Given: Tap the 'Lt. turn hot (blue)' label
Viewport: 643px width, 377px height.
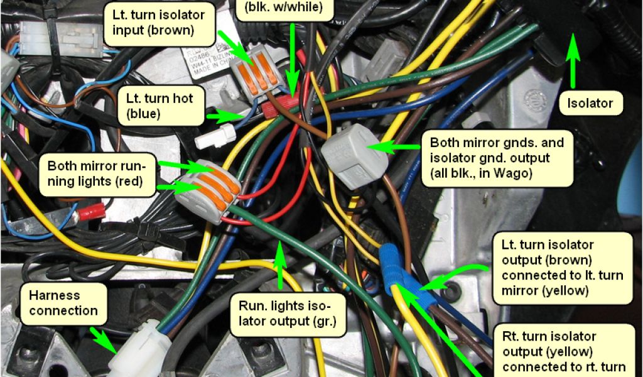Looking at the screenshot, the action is pos(159,106).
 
